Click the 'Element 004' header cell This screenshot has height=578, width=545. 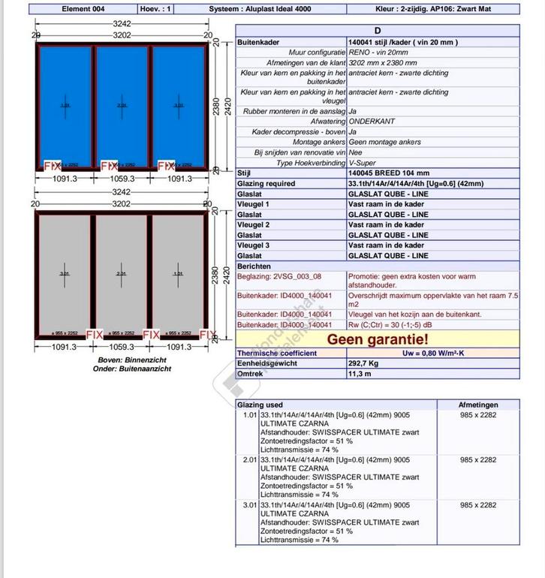pos(83,9)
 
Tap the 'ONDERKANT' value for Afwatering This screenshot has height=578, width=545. pos(372,121)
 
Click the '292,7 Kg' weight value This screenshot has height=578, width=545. pos(365,363)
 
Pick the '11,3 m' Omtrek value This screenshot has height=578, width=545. pos(360,373)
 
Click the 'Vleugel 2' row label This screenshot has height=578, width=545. pos(253,224)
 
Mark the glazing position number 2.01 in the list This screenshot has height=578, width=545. pos(249,459)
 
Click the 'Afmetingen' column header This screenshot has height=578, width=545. pos(477,405)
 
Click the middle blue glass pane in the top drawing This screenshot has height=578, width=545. pos(122,107)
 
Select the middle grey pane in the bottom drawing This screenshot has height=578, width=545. pos(122,273)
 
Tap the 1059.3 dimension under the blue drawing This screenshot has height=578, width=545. pos(122,179)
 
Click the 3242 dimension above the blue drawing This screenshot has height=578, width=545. pos(122,23)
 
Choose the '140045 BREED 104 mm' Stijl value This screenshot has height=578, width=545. pos(389,173)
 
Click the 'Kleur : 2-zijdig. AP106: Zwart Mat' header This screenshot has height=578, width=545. pos(433,9)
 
